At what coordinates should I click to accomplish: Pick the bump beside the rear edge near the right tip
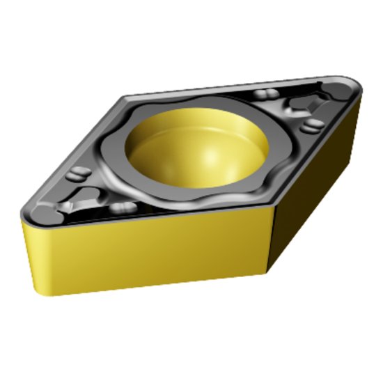pos(263,94)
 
